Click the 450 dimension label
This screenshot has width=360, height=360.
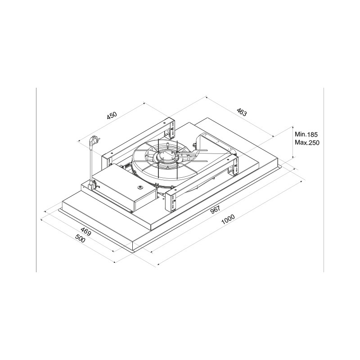click(x=112, y=116)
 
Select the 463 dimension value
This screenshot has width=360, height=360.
click(x=242, y=112)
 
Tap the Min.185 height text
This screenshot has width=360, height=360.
click(x=306, y=134)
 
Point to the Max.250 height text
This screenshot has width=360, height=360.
click(x=306, y=142)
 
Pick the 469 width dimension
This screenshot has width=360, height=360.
click(x=86, y=232)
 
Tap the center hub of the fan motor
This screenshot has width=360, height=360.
click(x=166, y=157)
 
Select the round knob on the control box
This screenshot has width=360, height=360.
click(x=140, y=188)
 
